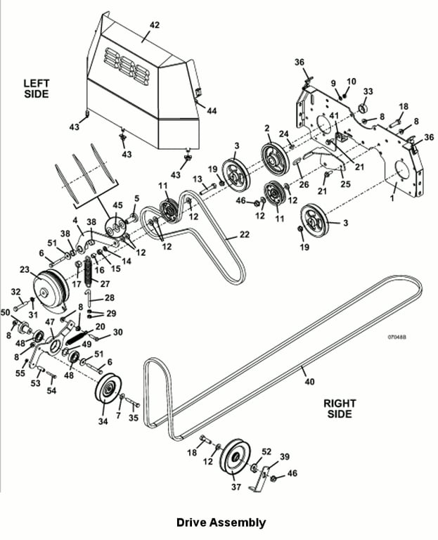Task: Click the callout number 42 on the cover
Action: [x=155, y=25]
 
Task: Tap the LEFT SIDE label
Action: [x=36, y=88]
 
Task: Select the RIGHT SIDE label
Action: [x=340, y=408]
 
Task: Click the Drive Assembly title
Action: [x=221, y=522]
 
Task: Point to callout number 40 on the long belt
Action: [x=309, y=381]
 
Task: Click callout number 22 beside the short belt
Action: [x=244, y=235]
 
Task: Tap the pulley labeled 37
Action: [x=236, y=456]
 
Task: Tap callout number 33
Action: [x=368, y=91]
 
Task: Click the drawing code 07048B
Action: [x=397, y=337]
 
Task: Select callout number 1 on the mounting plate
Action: [x=392, y=198]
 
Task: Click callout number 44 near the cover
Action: [x=212, y=110]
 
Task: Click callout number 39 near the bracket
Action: [x=285, y=456]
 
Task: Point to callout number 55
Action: [x=20, y=373]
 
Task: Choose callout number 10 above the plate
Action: [x=351, y=82]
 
